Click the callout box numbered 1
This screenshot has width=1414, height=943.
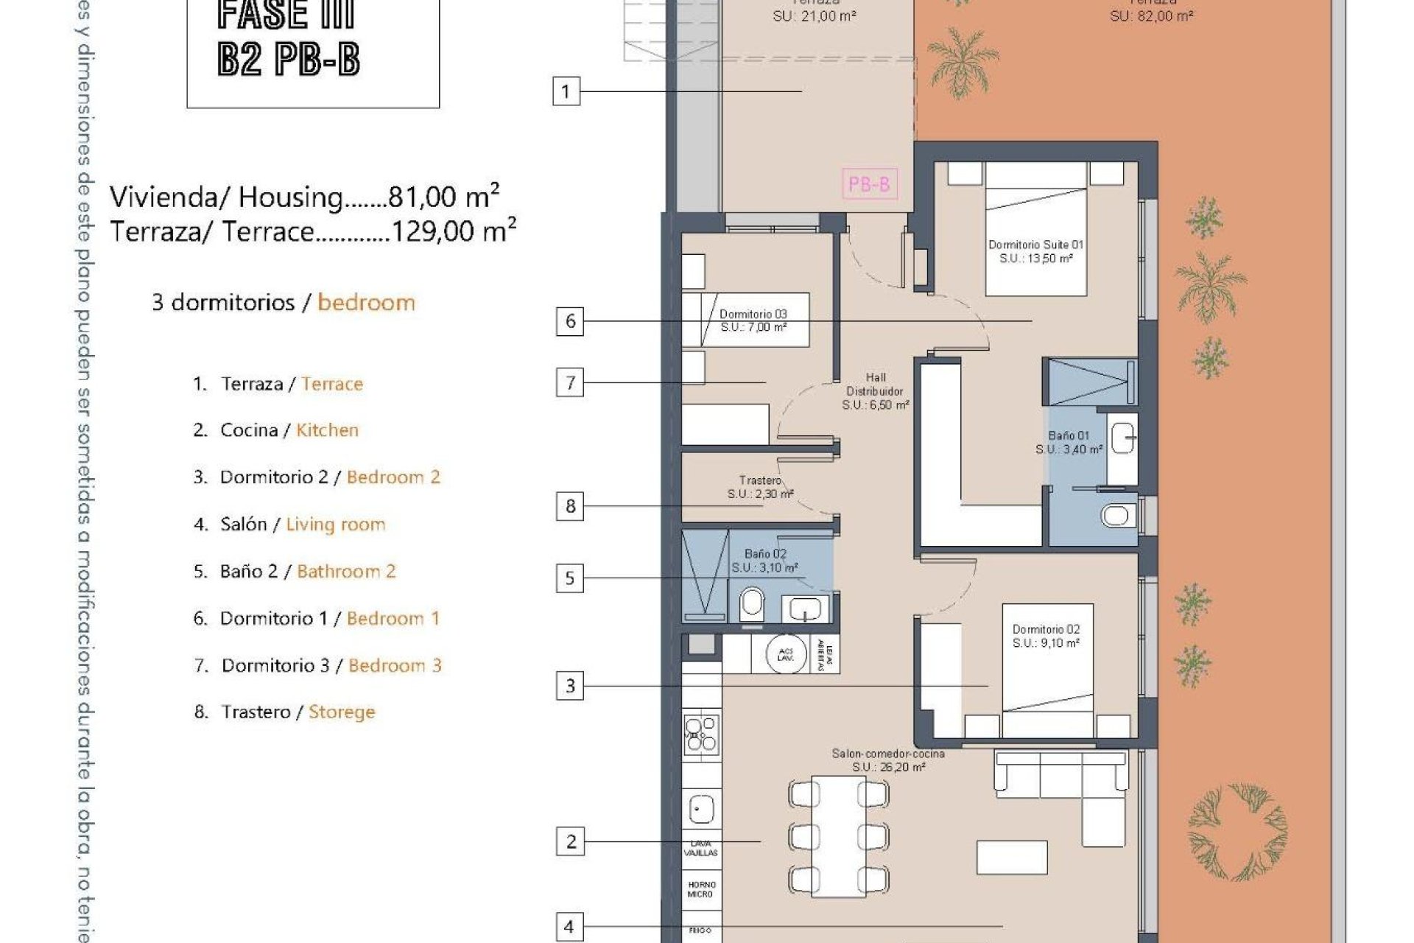pyautogui.click(x=566, y=91)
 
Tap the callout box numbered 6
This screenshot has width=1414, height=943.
pyautogui.click(x=570, y=322)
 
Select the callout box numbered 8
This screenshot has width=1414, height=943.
pyautogui.click(x=570, y=507)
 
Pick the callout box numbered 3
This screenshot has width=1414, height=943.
pyautogui.click(x=570, y=687)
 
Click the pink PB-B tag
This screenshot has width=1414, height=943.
pyautogui.click(x=869, y=183)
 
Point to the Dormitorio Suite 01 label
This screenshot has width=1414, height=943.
pyautogui.click(x=1035, y=251)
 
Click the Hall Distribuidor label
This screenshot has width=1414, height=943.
pyautogui.click(x=876, y=391)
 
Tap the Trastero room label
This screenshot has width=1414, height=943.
pyautogui.click(x=760, y=487)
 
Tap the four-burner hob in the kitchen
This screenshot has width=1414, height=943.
pyautogui.click(x=701, y=734)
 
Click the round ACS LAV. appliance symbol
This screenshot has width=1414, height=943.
pyautogui.click(x=785, y=653)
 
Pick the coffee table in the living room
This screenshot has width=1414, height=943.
pyautogui.click(x=1012, y=857)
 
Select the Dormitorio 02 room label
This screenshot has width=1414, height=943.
pyautogui.click(x=1046, y=636)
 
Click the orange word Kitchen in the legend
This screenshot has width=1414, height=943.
pyautogui.click(x=327, y=430)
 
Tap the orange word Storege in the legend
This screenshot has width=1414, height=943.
pyautogui.click(x=342, y=712)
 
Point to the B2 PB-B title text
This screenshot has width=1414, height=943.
pyautogui.click(x=289, y=60)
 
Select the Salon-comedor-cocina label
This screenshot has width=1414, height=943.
pyautogui.click(x=888, y=760)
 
